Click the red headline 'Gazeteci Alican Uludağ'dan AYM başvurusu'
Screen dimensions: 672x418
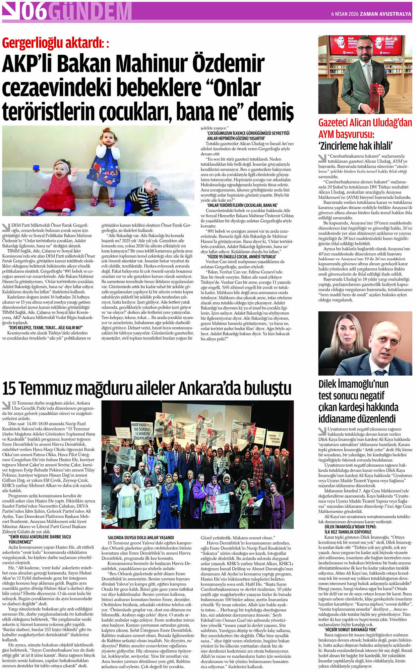point(365,128)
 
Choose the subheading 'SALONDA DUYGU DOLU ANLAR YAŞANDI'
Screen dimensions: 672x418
point(141,537)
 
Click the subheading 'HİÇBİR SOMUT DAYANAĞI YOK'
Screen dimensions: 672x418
point(351,630)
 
